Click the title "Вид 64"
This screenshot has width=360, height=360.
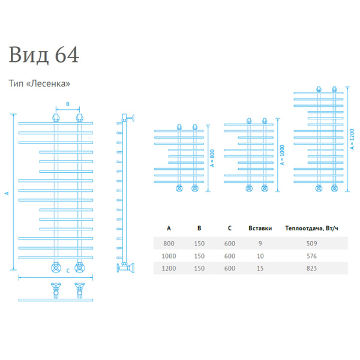[44, 55]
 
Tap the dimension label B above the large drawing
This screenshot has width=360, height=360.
[67, 104]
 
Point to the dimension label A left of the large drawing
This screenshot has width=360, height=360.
[7, 193]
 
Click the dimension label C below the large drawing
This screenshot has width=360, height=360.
[68, 271]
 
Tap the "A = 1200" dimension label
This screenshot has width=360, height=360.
[352, 139]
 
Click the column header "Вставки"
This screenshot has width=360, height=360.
[260, 228]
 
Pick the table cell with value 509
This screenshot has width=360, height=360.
[311, 243]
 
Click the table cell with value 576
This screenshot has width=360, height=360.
[311, 256]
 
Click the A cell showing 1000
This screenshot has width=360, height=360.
[169, 256]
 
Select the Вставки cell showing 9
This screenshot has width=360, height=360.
[260, 243]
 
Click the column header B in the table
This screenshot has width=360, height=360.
[199, 228]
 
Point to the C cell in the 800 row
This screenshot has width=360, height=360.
[230, 243]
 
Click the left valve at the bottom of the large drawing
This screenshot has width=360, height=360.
[55, 267]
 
